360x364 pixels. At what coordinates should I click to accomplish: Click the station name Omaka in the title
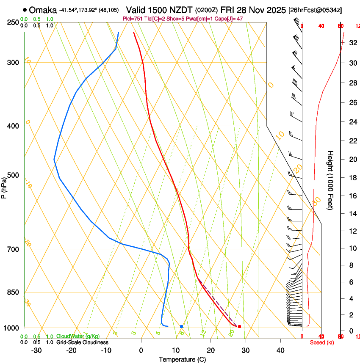point(44,9)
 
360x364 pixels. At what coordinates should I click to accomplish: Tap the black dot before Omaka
point(25,9)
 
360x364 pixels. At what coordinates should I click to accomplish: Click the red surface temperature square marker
point(239,326)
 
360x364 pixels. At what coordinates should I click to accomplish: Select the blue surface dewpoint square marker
point(181,326)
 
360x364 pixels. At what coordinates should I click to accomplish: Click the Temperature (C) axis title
point(182,360)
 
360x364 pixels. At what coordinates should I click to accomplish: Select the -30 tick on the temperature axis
point(36,350)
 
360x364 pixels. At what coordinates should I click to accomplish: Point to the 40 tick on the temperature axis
point(280,350)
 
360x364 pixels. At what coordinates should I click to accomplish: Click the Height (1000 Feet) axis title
point(331,180)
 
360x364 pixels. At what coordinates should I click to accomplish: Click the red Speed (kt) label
point(322,342)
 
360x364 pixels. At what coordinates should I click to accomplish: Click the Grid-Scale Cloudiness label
point(82,342)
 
